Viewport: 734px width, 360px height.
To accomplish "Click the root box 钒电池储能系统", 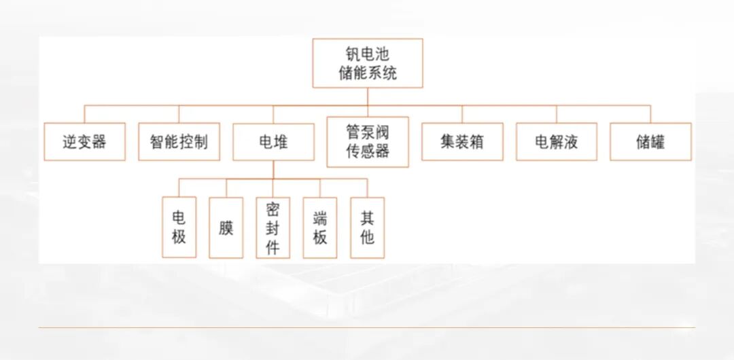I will click(x=368, y=63).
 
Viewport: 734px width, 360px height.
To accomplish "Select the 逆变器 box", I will click(x=85, y=142).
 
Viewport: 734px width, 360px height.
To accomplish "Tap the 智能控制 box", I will click(x=179, y=142).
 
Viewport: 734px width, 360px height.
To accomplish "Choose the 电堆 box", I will click(x=273, y=142).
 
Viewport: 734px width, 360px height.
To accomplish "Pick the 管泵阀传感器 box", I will click(x=368, y=141).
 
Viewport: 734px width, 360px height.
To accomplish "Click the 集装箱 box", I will click(x=462, y=142).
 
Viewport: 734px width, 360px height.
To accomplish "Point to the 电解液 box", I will click(x=556, y=142).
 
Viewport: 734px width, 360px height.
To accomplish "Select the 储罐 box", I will click(x=650, y=142).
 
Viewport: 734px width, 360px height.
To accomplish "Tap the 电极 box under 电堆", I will click(x=179, y=228).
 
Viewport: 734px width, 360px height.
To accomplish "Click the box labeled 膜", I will click(x=226, y=228).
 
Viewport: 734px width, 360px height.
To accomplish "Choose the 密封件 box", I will click(x=273, y=228).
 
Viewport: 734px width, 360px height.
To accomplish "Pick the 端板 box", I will click(x=320, y=228).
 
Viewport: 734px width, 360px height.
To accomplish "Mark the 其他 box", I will click(x=367, y=228).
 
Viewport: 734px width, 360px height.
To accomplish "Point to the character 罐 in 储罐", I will click(x=658, y=142).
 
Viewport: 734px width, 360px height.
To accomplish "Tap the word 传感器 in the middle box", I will click(x=368, y=151).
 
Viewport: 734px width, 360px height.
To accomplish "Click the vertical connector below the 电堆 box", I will click(x=273, y=169).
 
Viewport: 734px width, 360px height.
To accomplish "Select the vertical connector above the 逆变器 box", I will click(x=85, y=113).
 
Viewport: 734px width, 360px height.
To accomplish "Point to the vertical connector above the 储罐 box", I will click(x=650, y=113).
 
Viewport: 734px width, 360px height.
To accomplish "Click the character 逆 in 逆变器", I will click(x=70, y=142).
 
